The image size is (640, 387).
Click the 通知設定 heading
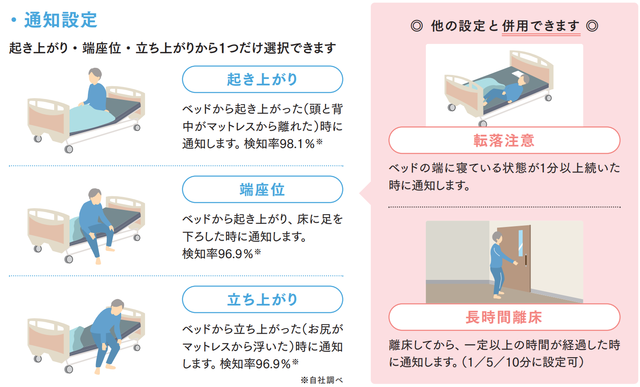(61, 20)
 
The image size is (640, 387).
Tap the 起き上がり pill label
(262, 79)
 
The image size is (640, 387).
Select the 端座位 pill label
(262, 189)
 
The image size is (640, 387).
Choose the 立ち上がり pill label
(262, 300)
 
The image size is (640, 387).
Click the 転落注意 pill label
(504, 140)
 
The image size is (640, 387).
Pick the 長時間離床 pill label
(504, 317)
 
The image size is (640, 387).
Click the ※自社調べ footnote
(322, 380)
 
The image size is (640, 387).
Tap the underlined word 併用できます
(541, 26)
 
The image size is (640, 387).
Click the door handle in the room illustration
(526, 260)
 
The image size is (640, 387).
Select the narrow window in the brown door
(521, 243)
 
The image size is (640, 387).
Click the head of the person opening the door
(497, 238)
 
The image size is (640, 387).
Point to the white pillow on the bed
(518, 74)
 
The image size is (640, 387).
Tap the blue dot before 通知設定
(13, 20)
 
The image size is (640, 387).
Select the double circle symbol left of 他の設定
(416, 26)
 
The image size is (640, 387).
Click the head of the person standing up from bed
(117, 307)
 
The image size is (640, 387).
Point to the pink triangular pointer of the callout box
(365, 193)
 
